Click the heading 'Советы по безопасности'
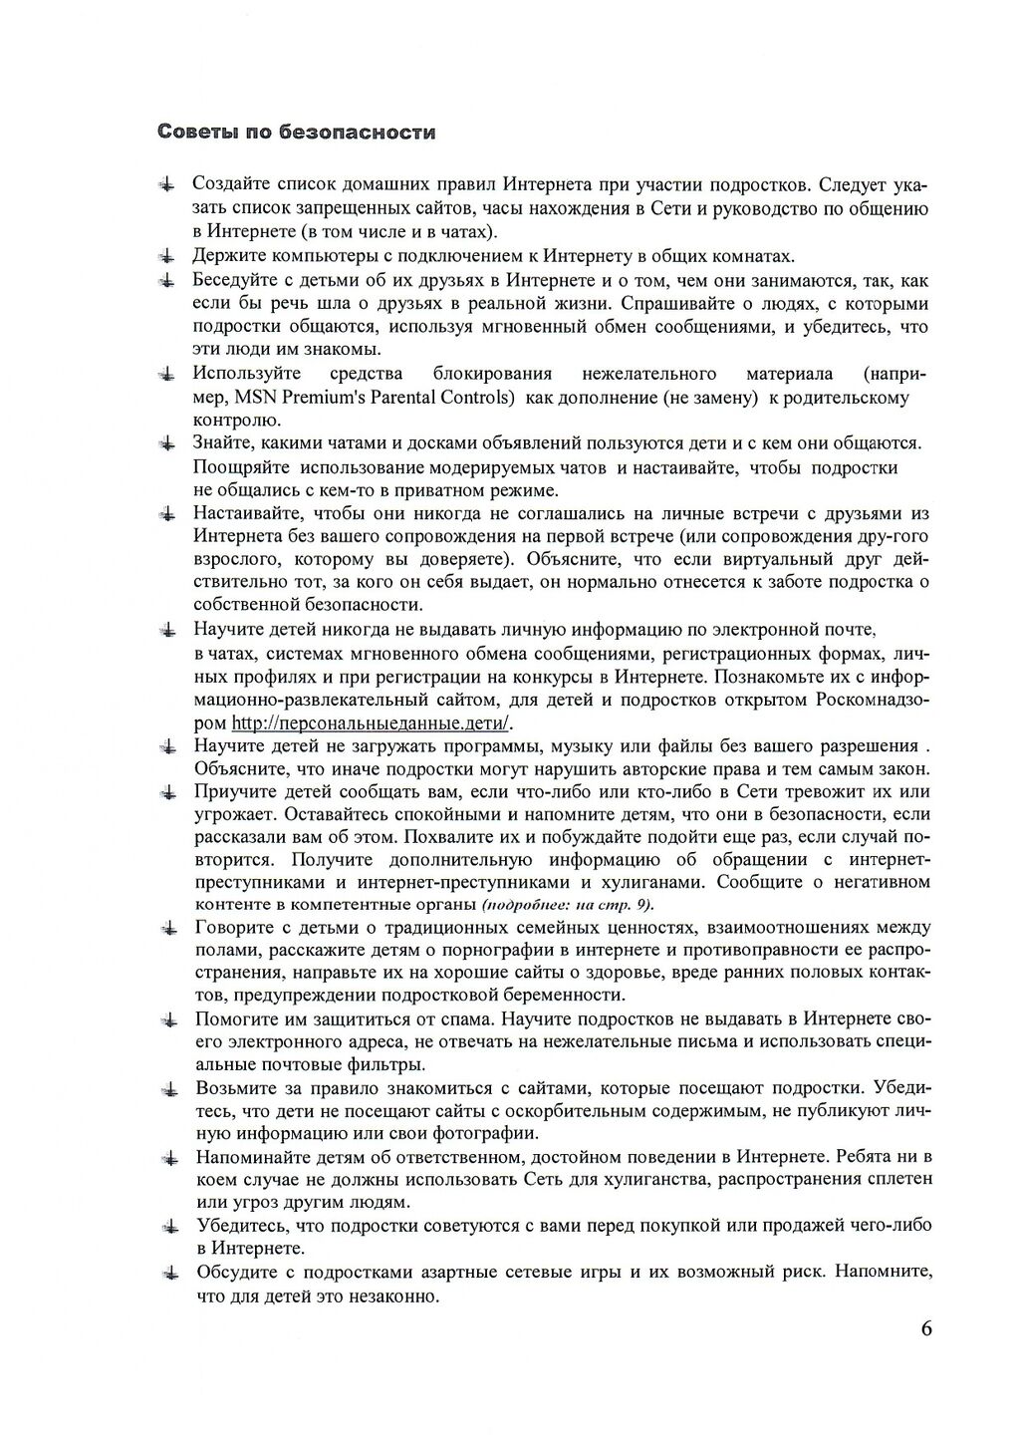click(297, 133)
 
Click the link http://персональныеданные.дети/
click(371, 722)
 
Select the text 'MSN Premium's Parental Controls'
click(374, 398)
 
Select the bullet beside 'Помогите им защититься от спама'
click(171, 1019)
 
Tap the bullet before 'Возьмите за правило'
click(171, 1088)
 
